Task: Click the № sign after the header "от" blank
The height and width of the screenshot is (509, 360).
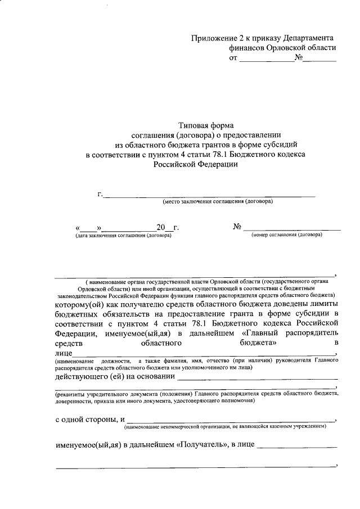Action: point(298,58)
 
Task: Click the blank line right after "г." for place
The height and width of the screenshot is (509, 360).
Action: point(208,195)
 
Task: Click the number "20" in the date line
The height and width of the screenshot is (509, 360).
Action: point(161,227)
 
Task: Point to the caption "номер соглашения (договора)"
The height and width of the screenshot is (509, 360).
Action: point(286,235)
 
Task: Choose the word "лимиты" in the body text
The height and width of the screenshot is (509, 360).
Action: point(319,304)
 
